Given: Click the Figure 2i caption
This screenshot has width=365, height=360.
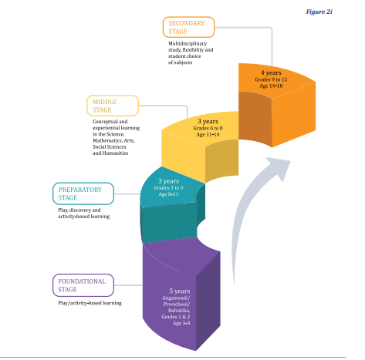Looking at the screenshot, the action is click(319, 12).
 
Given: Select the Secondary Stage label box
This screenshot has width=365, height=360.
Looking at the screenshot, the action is click(188, 27).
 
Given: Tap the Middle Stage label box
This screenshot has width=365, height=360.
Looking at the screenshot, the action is click(113, 106).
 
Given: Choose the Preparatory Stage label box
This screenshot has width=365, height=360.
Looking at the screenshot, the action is click(83, 193).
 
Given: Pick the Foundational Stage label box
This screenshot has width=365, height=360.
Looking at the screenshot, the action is click(83, 285).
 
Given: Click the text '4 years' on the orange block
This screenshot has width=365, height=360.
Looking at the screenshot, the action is click(271, 73).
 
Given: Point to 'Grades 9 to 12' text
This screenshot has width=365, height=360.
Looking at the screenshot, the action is click(271, 79).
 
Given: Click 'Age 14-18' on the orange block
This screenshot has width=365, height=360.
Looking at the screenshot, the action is click(271, 86).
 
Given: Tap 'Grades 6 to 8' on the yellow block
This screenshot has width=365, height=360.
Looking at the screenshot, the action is click(208, 128).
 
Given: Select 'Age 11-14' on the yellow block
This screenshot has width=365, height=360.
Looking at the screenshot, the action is click(208, 134).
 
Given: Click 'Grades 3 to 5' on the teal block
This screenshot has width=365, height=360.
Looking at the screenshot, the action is click(168, 188).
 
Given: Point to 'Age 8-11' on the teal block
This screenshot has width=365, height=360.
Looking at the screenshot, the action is click(168, 194).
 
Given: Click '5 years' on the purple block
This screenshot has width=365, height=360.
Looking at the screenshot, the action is click(180, 291).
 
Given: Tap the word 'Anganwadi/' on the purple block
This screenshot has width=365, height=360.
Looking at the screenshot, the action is click(176, 298).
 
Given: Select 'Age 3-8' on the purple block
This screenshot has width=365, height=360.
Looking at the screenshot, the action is click(181, 323).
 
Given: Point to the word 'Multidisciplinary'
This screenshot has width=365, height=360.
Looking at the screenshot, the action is click(188, 43).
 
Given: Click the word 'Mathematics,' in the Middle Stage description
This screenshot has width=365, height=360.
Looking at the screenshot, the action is click(108, 140).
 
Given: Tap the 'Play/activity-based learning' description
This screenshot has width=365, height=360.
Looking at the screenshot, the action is click(90, 303).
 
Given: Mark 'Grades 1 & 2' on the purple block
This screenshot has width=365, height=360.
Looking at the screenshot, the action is click(176, 317).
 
